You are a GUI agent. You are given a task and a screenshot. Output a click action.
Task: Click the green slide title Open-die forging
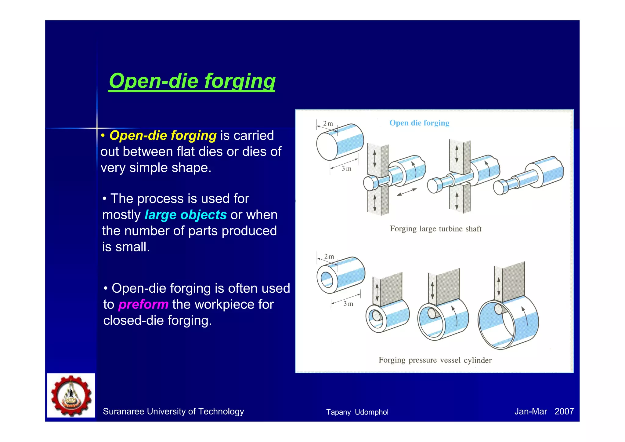pyautogui.click(x=192, y=81)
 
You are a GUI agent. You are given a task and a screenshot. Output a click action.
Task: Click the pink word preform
pyautogui.click(x=143, y=305)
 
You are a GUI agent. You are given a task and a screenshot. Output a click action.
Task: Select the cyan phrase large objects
pyautogui.click(x=186, y=215)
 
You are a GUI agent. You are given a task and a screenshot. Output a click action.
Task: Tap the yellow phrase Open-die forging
pyautogui.click(x=163, y=136)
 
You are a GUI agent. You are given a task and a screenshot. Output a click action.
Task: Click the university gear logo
pyautogui.click(x=71, y=395)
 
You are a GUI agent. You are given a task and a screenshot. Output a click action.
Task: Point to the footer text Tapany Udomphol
pyautogui.click(x=357, y=412)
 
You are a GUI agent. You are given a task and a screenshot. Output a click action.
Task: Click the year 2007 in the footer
pyautogui.click(x=564, y=411)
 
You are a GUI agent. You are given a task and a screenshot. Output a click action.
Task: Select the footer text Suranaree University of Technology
pyautogui.click(x=173, y=411)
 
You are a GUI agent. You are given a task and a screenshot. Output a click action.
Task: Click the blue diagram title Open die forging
pyautogui.click(x=419, y=123)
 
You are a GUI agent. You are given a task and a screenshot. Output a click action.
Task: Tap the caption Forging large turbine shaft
pyautogui.click(x=435, y=229)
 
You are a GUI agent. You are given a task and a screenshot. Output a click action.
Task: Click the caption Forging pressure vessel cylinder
pyautogui.click(x=435, y=360)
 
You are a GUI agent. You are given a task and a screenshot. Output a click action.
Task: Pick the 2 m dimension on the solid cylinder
pyautogui.click(x=328, y=123)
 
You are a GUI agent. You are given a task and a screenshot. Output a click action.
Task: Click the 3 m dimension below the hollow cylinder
pyautogui.click(x=348, y=304)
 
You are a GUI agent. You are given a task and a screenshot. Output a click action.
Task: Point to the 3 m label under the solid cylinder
pyautogui.click(x=346, y=169)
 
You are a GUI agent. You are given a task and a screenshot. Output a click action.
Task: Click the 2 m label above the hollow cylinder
pyautogui.click(x=329, y=257)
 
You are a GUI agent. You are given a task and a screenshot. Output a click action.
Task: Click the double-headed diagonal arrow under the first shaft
pyautogui.click(x=406, y=192)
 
